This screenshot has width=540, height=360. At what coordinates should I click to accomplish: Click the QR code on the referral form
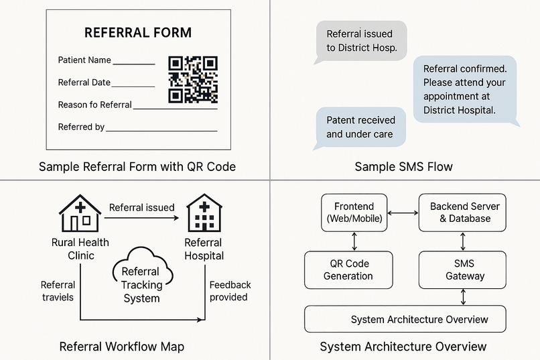(193, 80)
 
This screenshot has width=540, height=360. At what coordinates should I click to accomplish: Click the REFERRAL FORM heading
(137, 33)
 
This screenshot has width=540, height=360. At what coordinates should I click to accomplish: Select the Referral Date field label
(84, 82)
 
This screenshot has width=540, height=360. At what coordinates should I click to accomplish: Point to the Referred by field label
(81, 127)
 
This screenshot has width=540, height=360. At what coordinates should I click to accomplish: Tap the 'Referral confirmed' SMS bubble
(464, 90)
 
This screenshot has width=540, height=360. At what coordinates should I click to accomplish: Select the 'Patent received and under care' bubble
(361, 127)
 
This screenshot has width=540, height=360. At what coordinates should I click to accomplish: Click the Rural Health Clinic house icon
(80, 213)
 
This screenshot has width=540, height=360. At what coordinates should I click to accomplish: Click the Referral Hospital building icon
(204, 213)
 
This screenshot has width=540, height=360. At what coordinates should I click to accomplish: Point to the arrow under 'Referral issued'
(141, 218)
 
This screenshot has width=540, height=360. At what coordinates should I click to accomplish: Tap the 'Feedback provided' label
(230, 291)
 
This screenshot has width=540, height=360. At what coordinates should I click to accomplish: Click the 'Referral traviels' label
(58, 291)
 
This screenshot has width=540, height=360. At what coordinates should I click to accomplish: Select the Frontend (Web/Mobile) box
(353, 213)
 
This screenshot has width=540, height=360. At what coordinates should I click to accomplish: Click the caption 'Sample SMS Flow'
(403, 166)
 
